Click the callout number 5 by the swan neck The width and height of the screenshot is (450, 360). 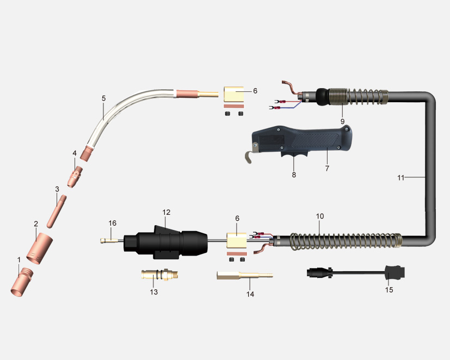point(103,98)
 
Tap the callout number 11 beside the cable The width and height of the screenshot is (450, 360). point(400,178)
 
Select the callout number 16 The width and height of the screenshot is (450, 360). point(113,223)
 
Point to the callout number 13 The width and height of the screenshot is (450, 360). point(154,292)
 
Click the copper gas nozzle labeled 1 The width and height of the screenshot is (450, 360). point(22,282)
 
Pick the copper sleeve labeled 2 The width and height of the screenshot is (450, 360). point(40,249)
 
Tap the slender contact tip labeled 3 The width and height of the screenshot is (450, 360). point(57,212)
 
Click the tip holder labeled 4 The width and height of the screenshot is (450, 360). point(75,177)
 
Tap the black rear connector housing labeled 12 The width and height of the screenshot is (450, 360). point(165,243)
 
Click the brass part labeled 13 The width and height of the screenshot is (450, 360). point(159,275)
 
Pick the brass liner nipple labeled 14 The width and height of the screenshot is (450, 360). point(244,276)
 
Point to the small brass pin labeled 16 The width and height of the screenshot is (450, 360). point(109,240)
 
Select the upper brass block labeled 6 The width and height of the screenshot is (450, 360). point(234,94)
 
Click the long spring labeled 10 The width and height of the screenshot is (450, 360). point(346,241)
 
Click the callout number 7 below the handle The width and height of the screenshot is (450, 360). point(327,169)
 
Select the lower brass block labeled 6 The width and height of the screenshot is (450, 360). point(237,240)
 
